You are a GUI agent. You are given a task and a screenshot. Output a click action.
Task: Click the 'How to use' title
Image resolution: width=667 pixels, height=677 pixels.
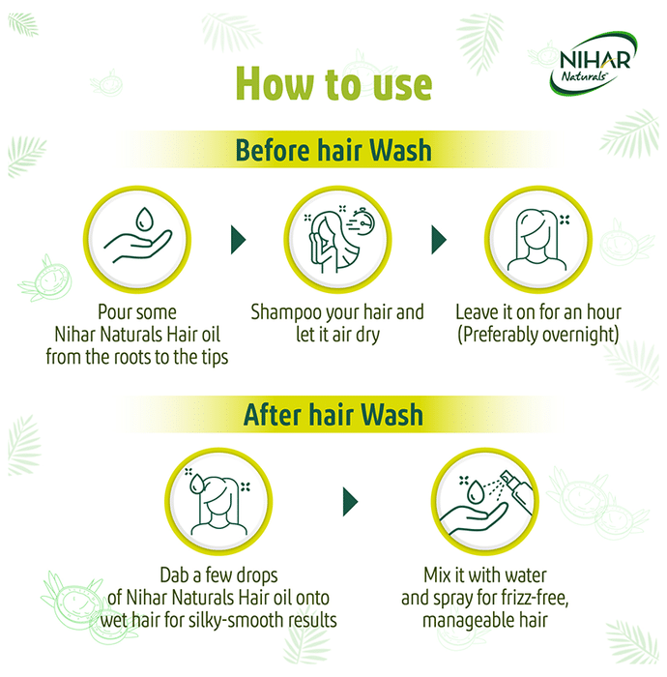click(333, 84)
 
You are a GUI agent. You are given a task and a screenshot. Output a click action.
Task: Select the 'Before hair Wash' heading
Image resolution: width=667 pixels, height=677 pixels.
click(333, 150)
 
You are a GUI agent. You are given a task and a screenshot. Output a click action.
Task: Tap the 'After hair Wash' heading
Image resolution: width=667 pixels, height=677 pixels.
click(333, 414)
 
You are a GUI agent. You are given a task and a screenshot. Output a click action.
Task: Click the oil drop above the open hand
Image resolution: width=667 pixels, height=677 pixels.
click(144, 219)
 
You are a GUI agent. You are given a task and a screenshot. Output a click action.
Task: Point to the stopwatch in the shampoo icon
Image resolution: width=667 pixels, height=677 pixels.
click(363, 221)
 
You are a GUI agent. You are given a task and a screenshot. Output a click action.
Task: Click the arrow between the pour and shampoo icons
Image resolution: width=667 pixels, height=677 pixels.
click(239, 239)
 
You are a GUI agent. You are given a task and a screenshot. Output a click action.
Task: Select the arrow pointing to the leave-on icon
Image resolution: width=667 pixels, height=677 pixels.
click(439, 239)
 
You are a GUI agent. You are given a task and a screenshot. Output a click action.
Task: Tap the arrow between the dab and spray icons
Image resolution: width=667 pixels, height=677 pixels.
click(350, 502)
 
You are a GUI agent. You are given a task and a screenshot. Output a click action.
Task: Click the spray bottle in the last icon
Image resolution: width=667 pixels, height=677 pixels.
click(518, 491)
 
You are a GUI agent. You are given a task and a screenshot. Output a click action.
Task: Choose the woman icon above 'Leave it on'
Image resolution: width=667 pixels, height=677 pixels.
click(536, 240)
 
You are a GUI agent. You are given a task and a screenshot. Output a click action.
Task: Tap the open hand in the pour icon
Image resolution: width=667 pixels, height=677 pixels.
click(138, 246)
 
